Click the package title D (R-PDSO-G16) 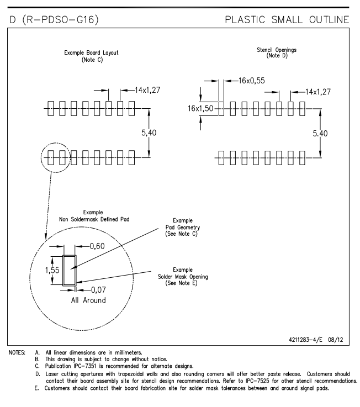(54, 20)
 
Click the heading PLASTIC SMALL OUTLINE (287, 20)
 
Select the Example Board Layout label (91, 52)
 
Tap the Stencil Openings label (277, 50)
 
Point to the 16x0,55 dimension (252, 81)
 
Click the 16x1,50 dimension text (200, 108)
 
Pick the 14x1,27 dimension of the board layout (147, 90)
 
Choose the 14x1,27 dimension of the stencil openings (318, 92)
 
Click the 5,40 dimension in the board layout (149, 133)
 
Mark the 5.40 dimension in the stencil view (320, 134)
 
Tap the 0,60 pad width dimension (97, 246)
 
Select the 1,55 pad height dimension (52, 270)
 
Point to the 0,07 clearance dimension (98, 290)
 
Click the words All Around (88, 300)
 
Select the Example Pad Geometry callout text (183, 227)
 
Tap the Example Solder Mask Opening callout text (183, 277)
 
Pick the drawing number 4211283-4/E (305, 340)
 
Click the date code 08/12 (336, 340)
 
